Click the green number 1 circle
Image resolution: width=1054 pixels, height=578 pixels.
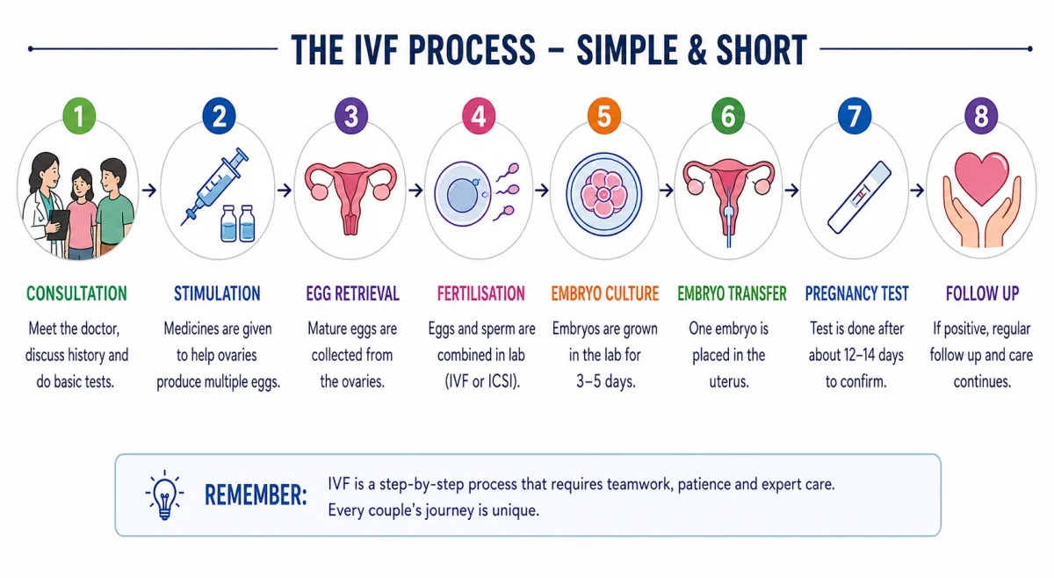point(79,116)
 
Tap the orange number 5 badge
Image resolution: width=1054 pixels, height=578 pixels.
point(604,116)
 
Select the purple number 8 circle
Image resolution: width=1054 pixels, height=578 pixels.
point(981,116)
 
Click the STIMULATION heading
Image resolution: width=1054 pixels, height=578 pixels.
point(217,293)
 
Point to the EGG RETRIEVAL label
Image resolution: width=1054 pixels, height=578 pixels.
point(352,293)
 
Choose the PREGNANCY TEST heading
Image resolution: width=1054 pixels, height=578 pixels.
point(856,293)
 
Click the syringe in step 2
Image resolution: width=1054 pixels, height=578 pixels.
point(215,186)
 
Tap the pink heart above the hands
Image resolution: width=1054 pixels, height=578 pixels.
point(982,177)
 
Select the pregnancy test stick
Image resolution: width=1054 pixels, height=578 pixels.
point(859,198)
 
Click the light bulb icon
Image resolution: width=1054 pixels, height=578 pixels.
point(164,495)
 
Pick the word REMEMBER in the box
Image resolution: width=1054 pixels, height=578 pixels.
point(256,495)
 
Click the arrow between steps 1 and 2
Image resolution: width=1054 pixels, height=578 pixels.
point(149,190)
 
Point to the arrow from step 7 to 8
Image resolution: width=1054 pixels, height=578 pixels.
point(917,190)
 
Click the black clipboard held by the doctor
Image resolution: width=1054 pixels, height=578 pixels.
point(59,224)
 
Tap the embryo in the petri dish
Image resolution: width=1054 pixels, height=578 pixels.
point(603,194)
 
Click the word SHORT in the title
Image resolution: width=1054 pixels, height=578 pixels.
point(762,50)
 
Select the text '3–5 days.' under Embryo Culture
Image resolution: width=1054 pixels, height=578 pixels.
point(606,381)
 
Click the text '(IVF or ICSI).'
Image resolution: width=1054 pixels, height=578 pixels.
point(482,381)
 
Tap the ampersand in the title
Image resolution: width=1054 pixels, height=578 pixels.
point(697,50)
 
